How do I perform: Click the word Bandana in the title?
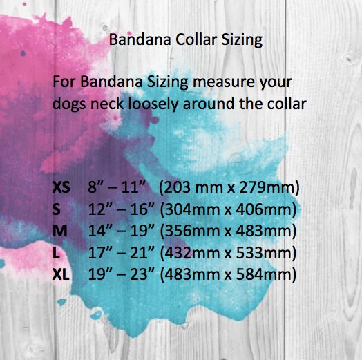[140, 39]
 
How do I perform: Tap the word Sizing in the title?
[242, 41]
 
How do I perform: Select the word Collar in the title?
[196, 39]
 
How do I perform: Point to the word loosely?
[153, 104]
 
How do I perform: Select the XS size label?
[61, 187]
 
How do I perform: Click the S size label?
[57, 209]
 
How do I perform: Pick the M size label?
[60, 231]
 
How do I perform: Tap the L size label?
[56, 253]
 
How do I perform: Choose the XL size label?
[61, 274]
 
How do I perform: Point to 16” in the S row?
[142, 209]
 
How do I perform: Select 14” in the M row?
[100, 231]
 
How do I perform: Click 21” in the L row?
[142, 252]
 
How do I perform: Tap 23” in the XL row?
[142, 274]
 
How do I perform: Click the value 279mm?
[267, 187]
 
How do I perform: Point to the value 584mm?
[264, 274]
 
